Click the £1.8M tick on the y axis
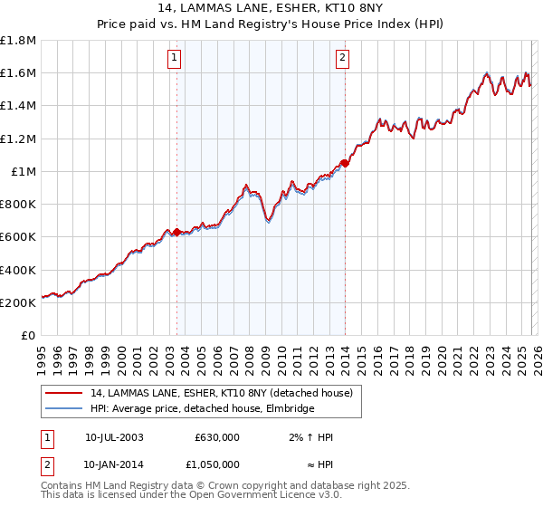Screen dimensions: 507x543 coord(18,41)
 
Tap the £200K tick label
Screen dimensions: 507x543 coord(19,302)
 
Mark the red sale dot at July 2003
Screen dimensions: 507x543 coord(176,232)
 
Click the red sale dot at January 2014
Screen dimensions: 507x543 coord(345,164)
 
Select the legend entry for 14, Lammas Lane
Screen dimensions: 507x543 coord(226,393)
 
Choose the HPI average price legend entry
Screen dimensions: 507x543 coord(202,409)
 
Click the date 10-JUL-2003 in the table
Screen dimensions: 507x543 coord(114,437)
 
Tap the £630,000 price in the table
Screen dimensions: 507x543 coord(216,437)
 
